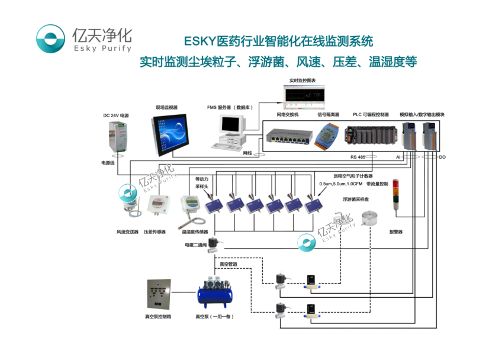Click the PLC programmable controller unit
367,136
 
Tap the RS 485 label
358,157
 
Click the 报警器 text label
395,232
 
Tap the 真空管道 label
229,263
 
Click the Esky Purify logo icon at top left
51,39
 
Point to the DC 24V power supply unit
117,136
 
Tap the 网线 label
247,153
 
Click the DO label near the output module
442,157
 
